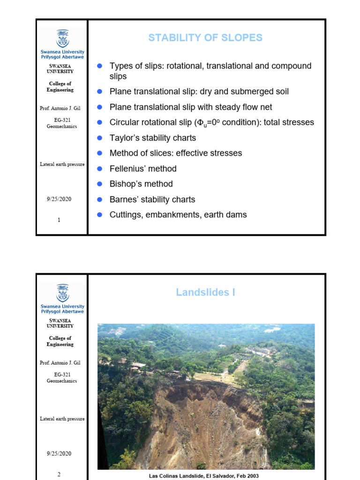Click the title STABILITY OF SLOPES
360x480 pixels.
(205, 38)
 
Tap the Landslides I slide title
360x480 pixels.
(205, 292)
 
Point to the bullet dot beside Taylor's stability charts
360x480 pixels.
(99, 138)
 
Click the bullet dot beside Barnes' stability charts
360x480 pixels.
(99, 199)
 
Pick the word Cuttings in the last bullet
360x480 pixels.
(126, 215)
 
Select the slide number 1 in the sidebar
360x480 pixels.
(59, 220)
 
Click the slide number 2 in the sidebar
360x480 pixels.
(59, 474)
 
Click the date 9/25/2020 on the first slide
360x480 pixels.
(59, 199)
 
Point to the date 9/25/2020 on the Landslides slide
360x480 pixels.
(59, 454)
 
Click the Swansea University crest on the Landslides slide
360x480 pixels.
(62, 292)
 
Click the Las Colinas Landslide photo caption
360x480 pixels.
(203, 476)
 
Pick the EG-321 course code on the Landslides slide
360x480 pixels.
(62, 375)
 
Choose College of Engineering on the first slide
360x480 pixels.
(60, 87)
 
